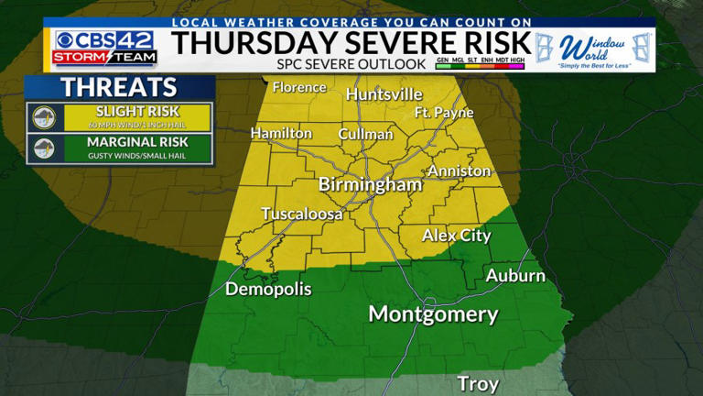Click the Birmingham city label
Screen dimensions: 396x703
point(370,184)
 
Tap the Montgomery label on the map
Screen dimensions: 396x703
point(433,314)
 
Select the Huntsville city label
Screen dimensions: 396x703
point(384,94)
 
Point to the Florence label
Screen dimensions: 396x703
point(299,87)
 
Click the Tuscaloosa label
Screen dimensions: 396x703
point(302,214)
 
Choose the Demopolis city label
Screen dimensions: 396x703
point(268,289)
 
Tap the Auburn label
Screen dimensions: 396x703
point(515,275)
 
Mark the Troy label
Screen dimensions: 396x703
point(479,382)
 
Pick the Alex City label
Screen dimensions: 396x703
point(456,236)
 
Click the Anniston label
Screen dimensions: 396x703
point(459,170)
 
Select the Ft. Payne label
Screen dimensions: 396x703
point(444,113)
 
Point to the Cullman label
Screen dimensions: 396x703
point(365,134)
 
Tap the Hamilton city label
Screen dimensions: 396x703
point(281,133)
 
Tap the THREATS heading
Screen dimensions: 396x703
point(119,88)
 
